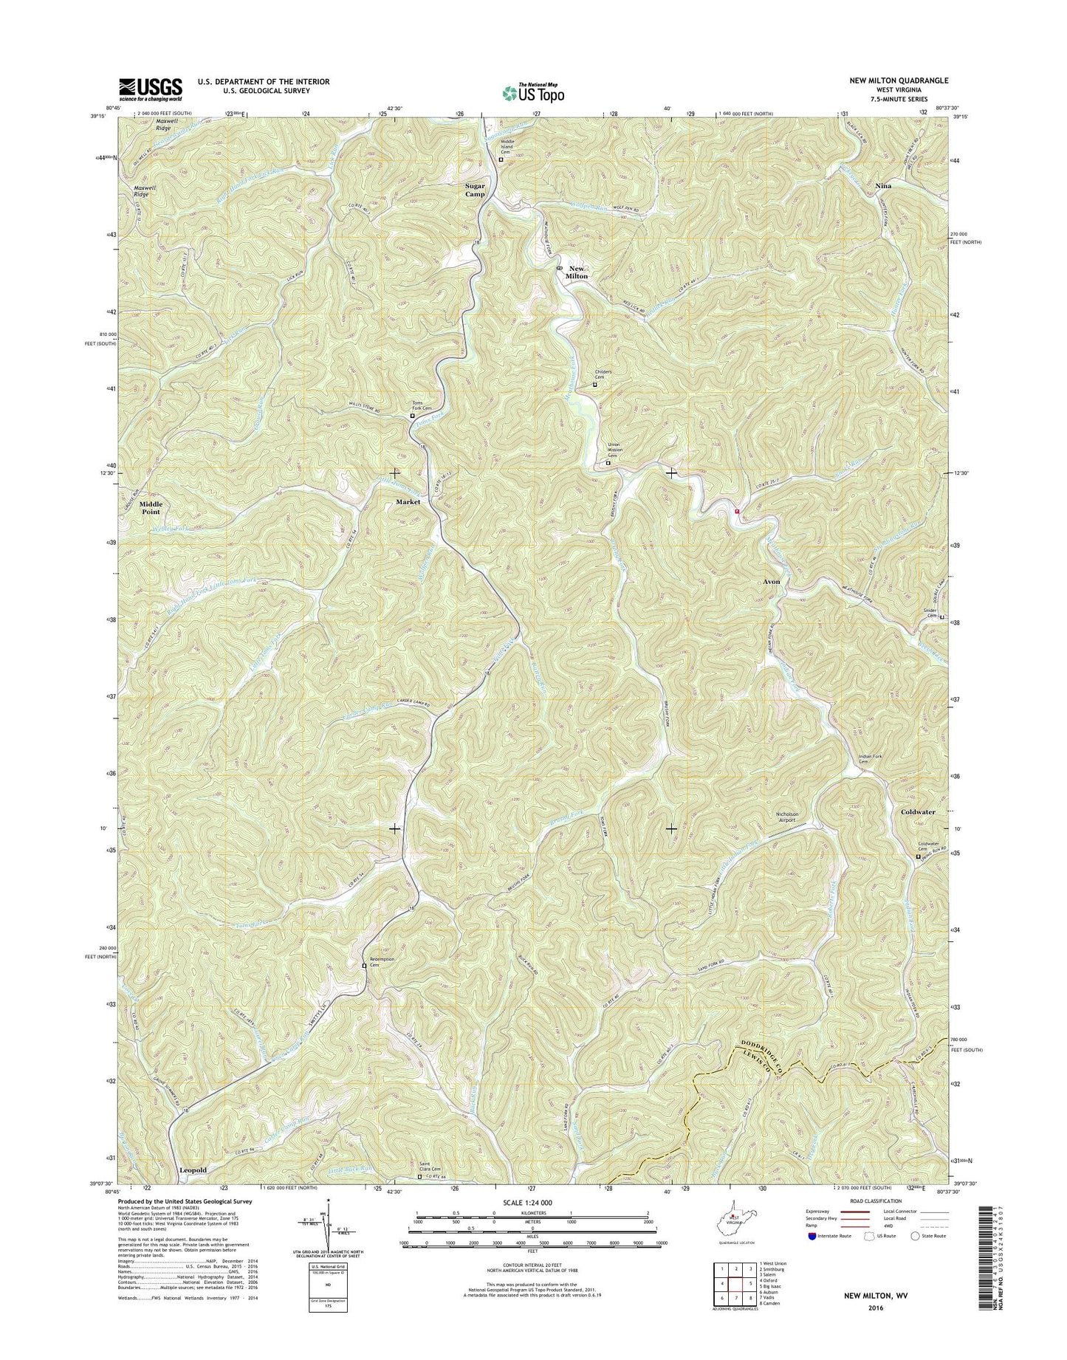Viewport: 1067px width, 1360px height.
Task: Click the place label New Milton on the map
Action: click(577, 272)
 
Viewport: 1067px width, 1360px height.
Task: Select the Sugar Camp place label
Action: click(475, 190)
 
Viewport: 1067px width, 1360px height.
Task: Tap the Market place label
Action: click(408, 501)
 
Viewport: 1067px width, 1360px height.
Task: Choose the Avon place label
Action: click(771, 582)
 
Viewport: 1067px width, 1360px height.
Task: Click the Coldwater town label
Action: click(918, 811)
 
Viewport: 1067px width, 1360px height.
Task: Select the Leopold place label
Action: click(193, 1170)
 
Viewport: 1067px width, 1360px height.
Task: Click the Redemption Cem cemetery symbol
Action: click(364, 965)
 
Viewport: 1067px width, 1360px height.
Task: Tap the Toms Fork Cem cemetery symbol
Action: click(413, 416)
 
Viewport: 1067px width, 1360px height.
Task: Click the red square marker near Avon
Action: click(737, 510)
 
